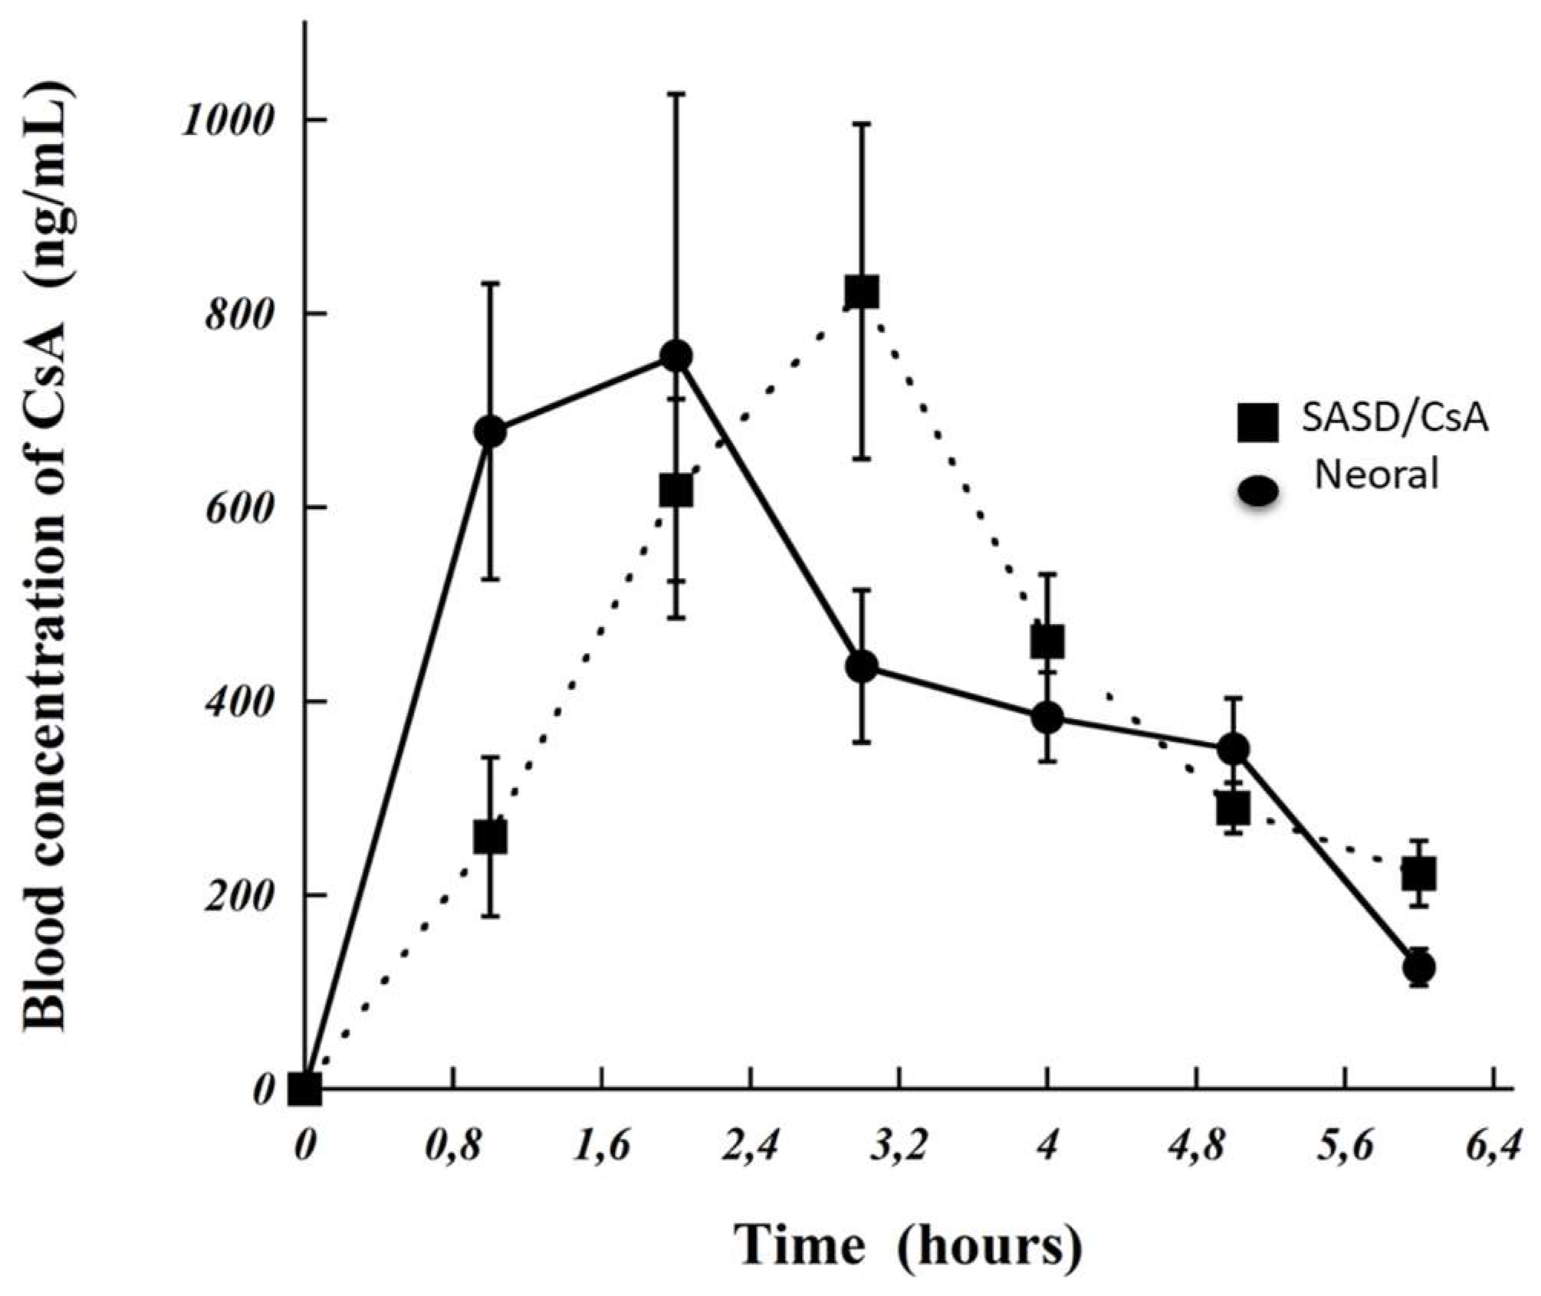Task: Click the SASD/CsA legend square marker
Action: tap(1258, 422)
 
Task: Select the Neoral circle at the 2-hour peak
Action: tap(676, 356)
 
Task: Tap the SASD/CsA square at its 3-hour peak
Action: tap(862, 292)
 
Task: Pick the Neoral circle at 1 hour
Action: tap(491, 431)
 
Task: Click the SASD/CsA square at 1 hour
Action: tap(491, 838)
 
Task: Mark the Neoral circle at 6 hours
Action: tap(1419, 967)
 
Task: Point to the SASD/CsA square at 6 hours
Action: tap(1419, 874)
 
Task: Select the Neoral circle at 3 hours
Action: tap(862, 666)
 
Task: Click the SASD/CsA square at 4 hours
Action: tap(1047, 642)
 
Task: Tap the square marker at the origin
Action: tap(304, 1089)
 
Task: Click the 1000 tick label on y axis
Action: tap(228, 120)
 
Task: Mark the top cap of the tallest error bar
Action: tap(676, 94)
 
